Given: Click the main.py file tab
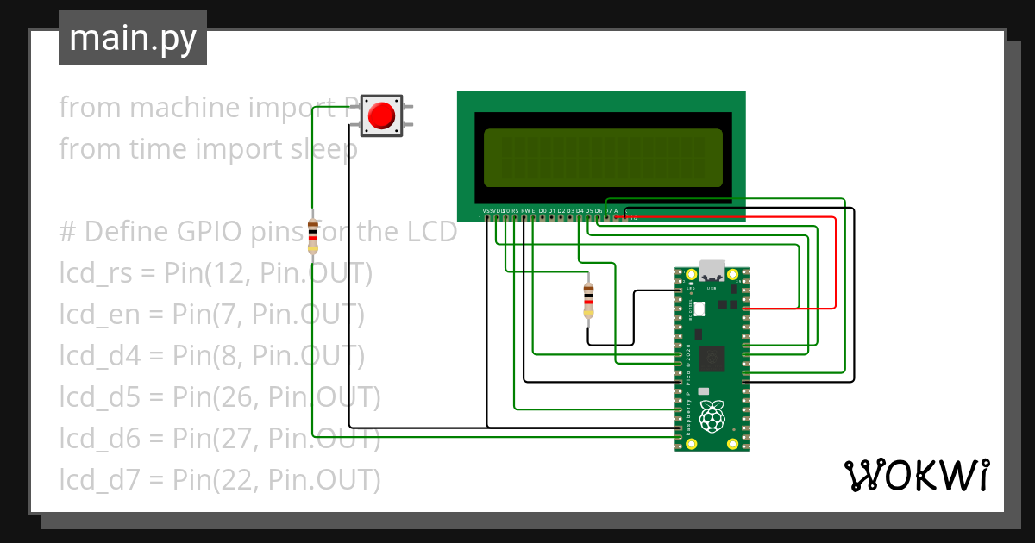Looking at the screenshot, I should (132, 38).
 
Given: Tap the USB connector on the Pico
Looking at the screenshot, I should (712, 270).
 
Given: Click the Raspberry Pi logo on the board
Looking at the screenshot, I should (712, 420).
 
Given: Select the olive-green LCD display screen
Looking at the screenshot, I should (603, 158).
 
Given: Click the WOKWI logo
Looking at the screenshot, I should (916, 475).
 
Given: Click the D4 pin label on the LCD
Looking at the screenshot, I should (580, 210).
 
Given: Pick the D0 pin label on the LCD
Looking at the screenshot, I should (543, 210).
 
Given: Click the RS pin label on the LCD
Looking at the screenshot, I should (514, 210).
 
